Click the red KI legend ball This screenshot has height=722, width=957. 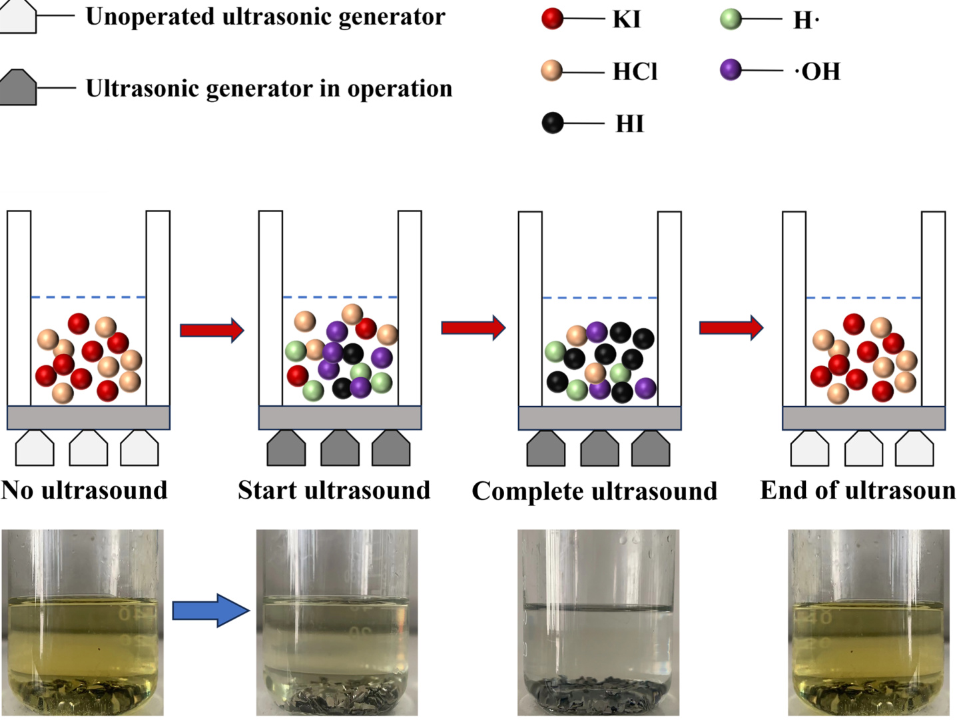click(x=552, y=19)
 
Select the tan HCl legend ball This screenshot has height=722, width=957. click(x=552, y=71)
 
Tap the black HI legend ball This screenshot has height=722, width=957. click(x=552, y=123)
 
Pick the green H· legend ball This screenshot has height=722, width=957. click(x=731, y=19)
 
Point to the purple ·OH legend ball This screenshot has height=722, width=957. click(x=731, y=70)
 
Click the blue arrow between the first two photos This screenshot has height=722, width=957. click(x=210, y=610)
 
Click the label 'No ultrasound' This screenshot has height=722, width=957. click(x=85, y=491)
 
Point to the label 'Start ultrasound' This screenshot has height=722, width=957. click(x=334, y=491)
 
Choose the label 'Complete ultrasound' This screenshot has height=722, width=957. click(x=594, y=491)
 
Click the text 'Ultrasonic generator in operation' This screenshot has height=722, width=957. click(x=269, y=88)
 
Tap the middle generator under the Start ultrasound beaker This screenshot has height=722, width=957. click(x=340, y=449)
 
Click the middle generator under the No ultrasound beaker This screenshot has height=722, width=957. click(x=88, y=449)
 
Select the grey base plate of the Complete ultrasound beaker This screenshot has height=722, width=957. click(x=599, y=418)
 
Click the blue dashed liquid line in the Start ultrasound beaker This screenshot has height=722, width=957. click(x=340, y=297)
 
